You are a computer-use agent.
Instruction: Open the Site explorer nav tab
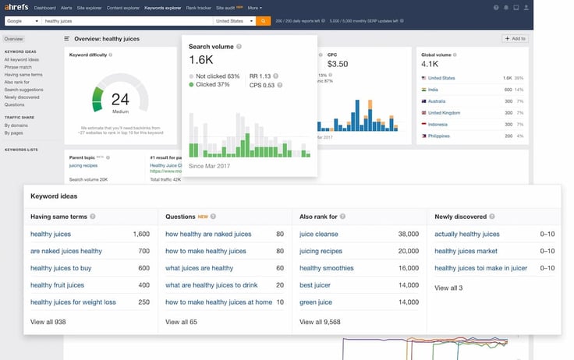point(88,8)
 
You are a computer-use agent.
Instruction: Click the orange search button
point(264,21)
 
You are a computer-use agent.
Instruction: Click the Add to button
point(516,38)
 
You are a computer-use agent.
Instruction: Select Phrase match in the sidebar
point(18,66)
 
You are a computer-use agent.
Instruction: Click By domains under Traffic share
point(16,125)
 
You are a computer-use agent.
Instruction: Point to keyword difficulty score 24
point(119,98)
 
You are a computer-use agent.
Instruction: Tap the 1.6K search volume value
point(200,59)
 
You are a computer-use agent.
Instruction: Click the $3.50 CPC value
point(338,63)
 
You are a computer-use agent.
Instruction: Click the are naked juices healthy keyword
point(66,251)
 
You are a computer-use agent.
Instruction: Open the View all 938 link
point(48,320)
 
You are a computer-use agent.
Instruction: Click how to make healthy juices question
point(206,251)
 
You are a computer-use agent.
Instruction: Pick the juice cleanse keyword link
point(319,234)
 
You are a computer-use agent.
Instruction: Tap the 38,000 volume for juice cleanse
point(409,234)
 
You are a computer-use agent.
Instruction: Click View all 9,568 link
point(320,320)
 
